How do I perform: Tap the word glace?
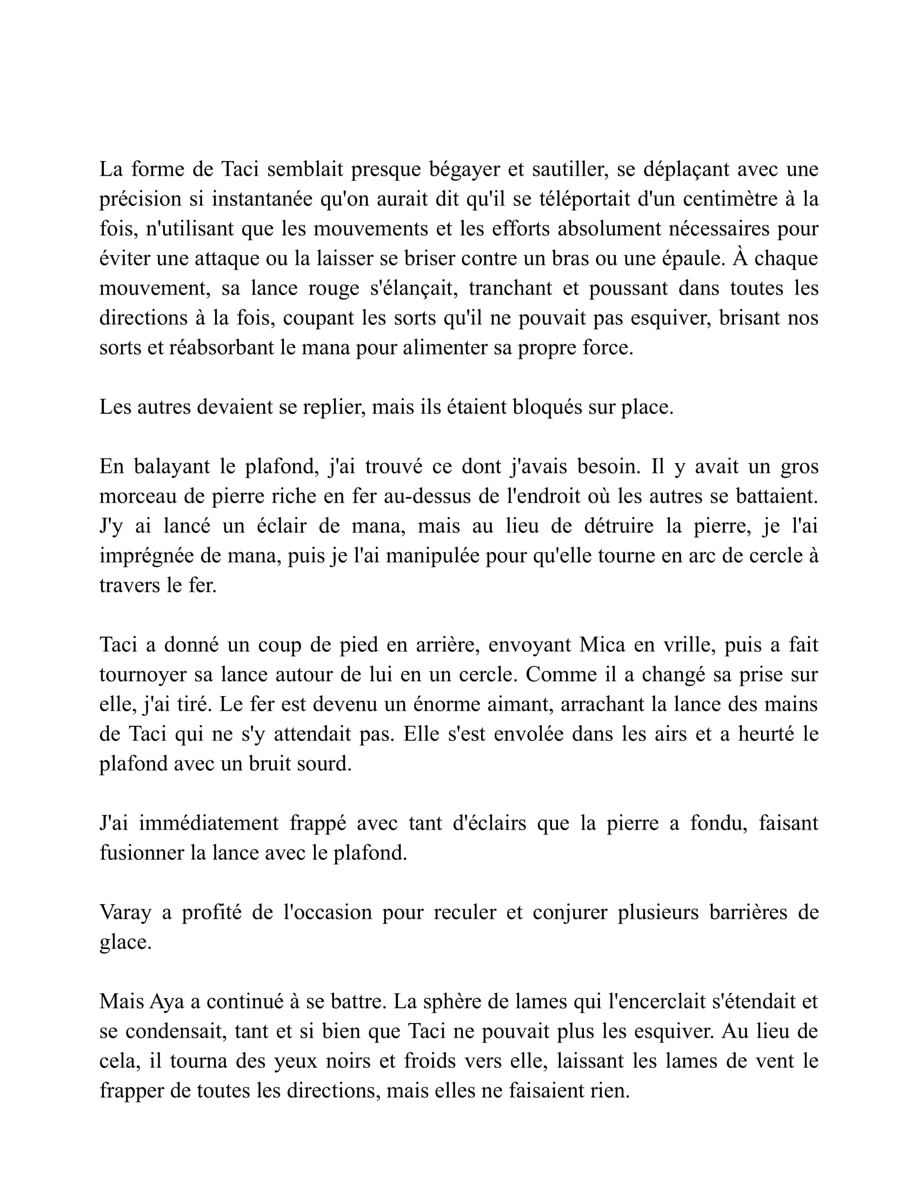(x=125, y=943)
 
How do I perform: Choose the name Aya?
(x=167, y=1001)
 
